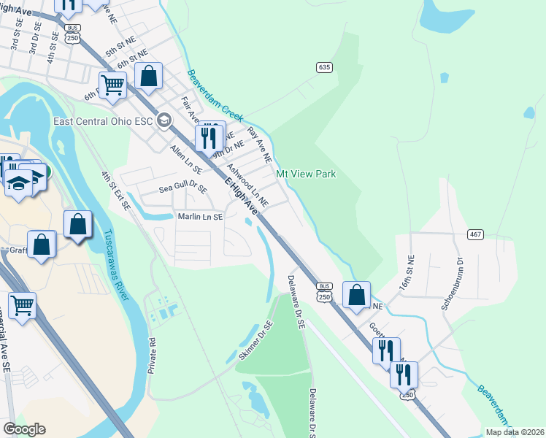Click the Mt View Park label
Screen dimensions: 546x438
click(x=306, y=174)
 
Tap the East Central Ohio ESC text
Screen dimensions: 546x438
click(x=104, y=120)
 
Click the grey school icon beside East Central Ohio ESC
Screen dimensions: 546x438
click(x=164, y=120)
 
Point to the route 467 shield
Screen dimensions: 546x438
click(x=476, y=233)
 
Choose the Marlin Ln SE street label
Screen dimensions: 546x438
click(x=200, y=217)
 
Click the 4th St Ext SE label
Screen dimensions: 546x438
click(x=116, y=191)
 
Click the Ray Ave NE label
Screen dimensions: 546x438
click(x=259, y=145)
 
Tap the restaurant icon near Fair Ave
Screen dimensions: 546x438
click(x=209, y=137)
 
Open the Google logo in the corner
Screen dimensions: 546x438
click(x=24, y=429)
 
